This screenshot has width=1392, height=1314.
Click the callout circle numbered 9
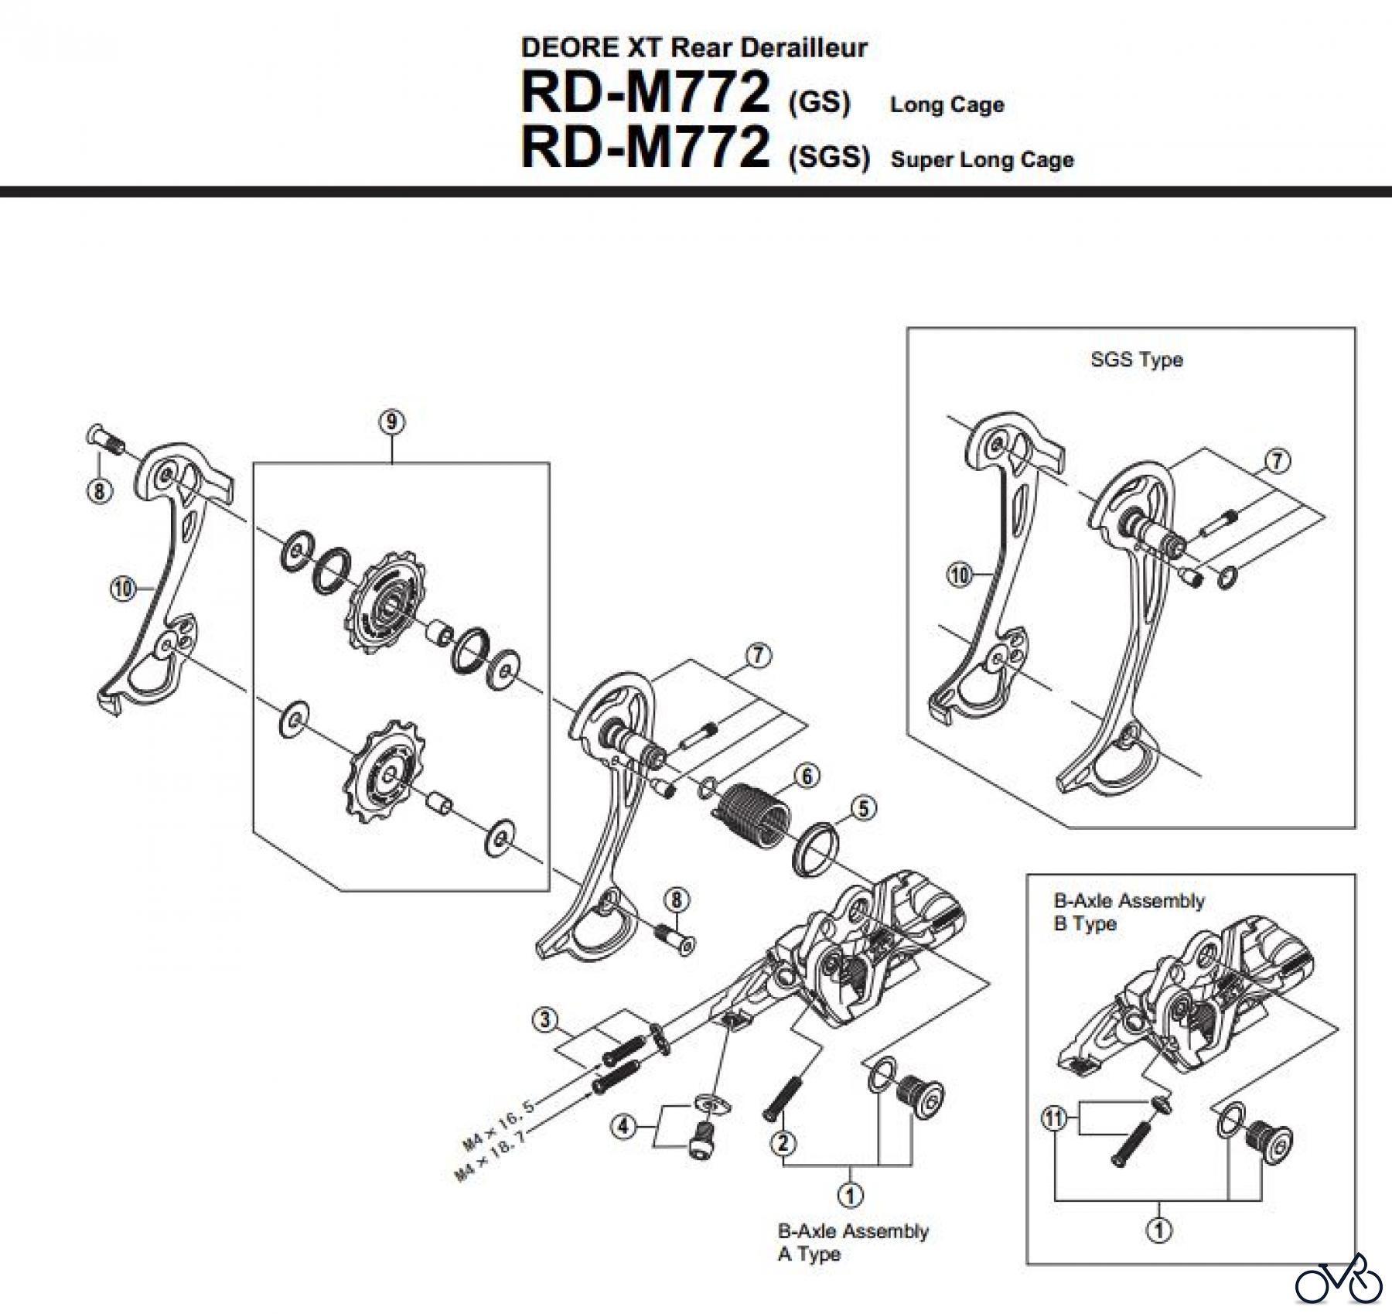[392, 422]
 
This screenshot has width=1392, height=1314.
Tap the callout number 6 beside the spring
[807, 776]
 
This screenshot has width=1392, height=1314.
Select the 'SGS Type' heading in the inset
[1136, 360]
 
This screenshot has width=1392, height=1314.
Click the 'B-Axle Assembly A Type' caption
[852, 1242]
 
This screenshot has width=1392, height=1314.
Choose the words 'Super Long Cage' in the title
[982, 160]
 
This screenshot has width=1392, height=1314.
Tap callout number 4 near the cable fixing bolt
[624, 1127]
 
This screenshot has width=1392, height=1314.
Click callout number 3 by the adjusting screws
[545, 1020]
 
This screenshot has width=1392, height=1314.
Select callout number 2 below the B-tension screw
[783, 1142]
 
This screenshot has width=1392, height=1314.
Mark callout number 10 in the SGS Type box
[960, 575]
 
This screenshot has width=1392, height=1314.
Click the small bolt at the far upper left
[107, 442]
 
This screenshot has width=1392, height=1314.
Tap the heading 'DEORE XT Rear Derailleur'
[694, 48]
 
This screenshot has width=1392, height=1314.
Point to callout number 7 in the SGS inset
[1277, 461]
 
